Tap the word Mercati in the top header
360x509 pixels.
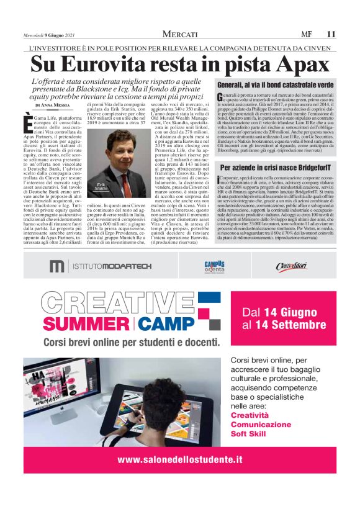point(184,34)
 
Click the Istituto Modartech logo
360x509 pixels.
point(101,266)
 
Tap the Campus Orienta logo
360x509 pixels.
point(214,266)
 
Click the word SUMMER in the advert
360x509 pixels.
point(88,323)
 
